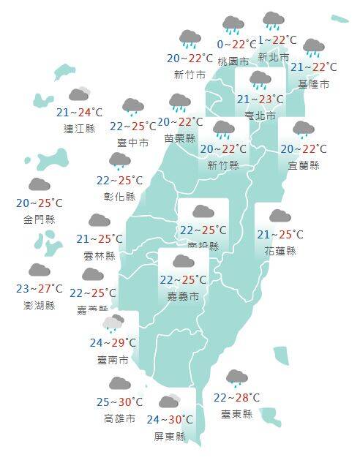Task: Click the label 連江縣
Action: coord(79,128)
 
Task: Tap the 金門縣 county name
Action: coord(39,219)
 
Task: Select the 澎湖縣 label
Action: coord(39,305)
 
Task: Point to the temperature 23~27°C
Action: coord(40,290)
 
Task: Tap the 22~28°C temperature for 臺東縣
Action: coord(236,398)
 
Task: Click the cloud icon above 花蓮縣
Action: coord(280,217)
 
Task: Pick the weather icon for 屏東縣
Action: coord(170,402)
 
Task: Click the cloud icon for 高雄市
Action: coord(119,384)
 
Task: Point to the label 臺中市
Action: coord(133,143)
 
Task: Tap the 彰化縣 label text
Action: coord(120,196)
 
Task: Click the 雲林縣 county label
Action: coord(100,255)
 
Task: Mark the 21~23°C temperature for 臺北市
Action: coord(260,99)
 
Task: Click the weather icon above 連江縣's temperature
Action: coord(79,94)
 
